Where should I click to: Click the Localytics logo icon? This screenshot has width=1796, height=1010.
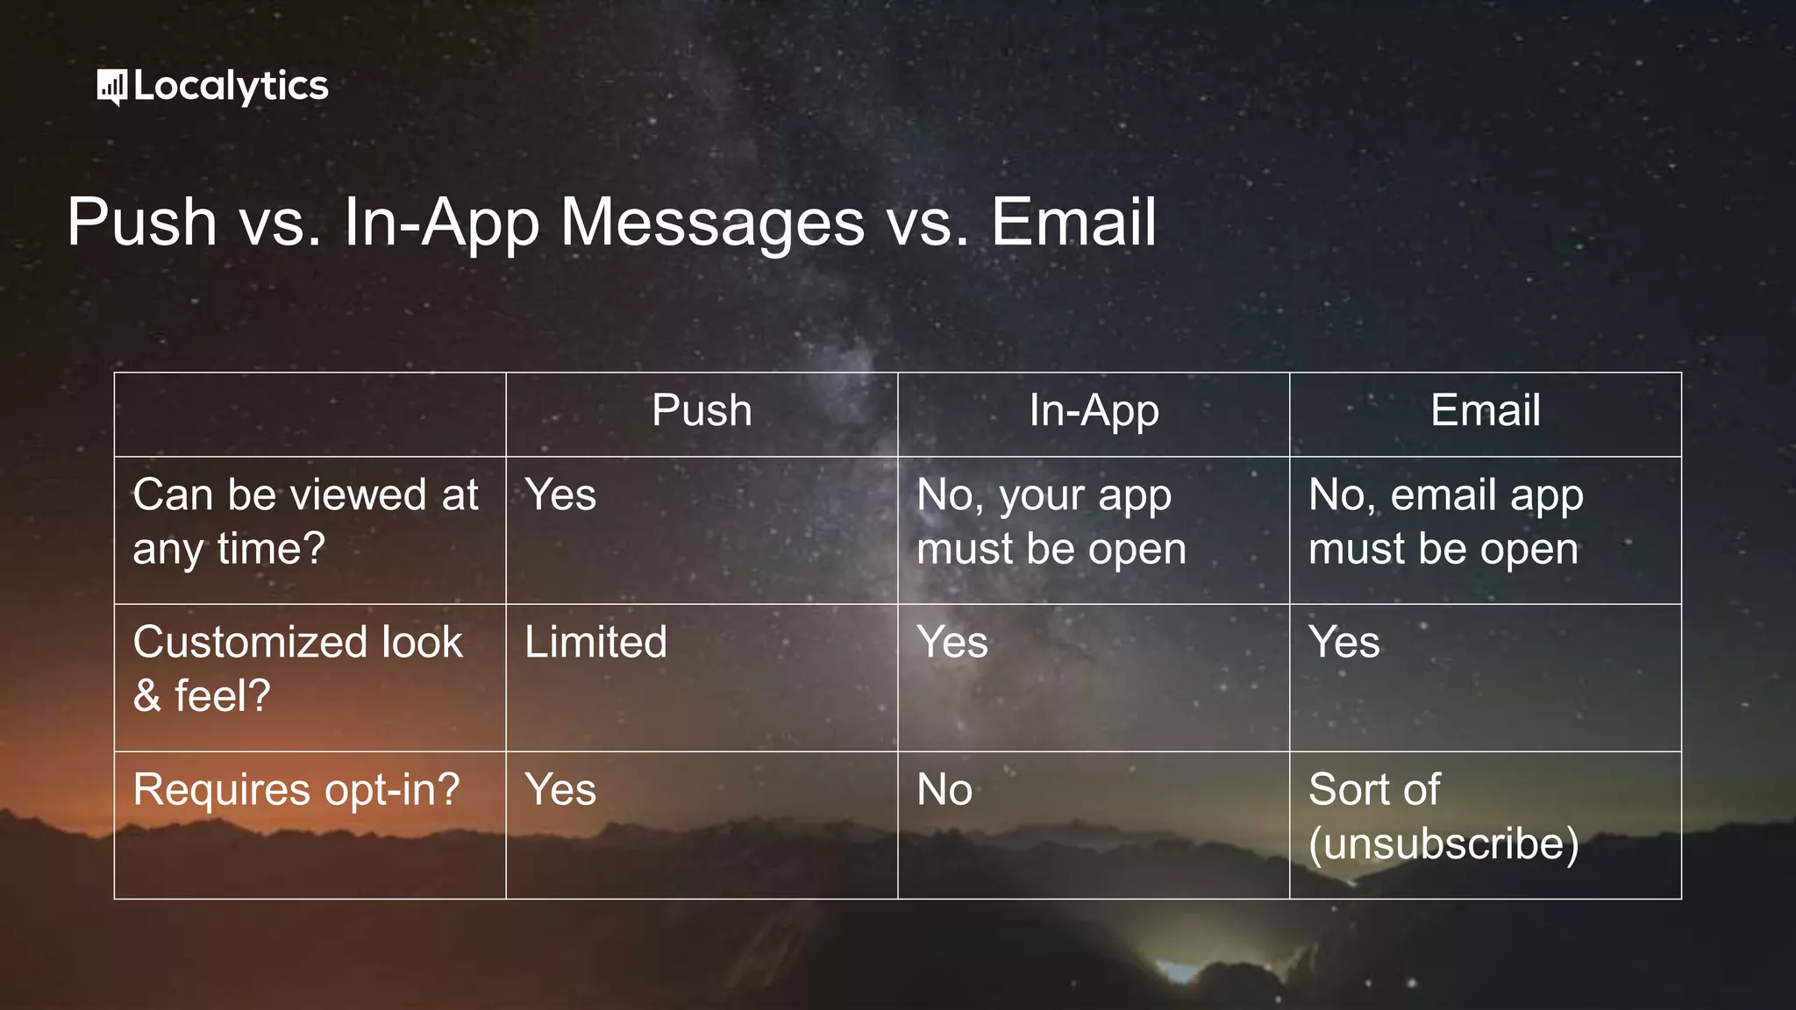pyautogui.click(x=111, y=87)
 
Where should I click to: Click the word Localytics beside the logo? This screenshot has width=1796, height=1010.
pyautogui.click(x=232, y=87)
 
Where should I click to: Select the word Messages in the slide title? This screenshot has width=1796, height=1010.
pyautogui.click(x=712, y=223)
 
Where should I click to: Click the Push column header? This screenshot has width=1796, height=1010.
pyautogui.click(x=702, y=410)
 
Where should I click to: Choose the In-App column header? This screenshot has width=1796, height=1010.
pyautogui.click(x=1094, y=410)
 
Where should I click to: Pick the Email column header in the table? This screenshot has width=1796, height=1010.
pyautogui.click(x=1485, y=410)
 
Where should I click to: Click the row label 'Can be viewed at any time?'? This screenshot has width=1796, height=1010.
pyautogui.click(x=305, y=522)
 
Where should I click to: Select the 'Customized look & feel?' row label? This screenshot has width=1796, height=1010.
pyautogui.click(x=297, y=668)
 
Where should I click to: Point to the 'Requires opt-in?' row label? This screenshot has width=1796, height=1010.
pyautogui.click(x=296, y=789)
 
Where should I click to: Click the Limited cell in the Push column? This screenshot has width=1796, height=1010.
pyautogui.click(x=595, y=642)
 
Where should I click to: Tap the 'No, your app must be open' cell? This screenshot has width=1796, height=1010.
pyautogui.click(x=1051, y=522)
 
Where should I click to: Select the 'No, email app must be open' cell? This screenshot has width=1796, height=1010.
pyautogui.click(x=1445, y=522)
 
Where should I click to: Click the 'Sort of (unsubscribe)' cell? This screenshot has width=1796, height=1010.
pyautogui.click(x=1443, y=816)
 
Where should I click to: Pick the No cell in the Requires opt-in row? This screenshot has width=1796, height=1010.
pyautogui.click(x=944, y=789)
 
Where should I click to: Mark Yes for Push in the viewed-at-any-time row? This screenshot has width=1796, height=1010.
pyautogui.click(x=560, y=494)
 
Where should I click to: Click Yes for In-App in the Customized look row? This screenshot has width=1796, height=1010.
pyautogui.click(x=952, y=642)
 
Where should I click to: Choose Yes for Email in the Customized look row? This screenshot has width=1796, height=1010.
pyautogui.click(x=1343, y=642)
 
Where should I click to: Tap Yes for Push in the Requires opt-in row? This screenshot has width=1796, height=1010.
pyautogui.click(x=560, y=789)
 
